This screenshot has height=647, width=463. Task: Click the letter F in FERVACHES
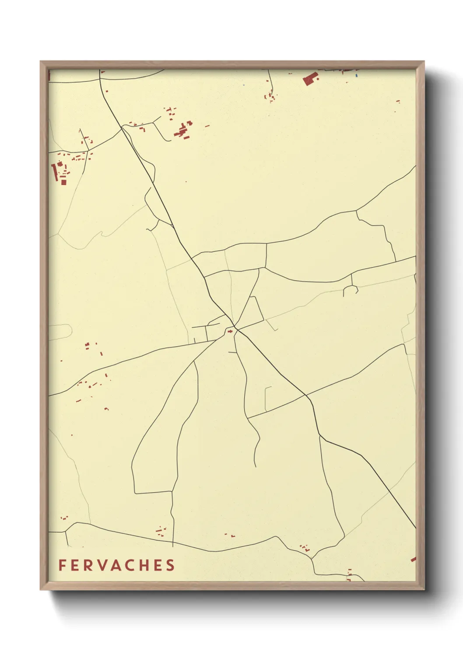point(62,565)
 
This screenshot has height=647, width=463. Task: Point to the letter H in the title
point(145,565)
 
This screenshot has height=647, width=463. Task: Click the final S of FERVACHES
point(170,565)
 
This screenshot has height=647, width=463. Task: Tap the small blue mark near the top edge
point(357,75)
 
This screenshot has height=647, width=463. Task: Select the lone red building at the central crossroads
point(229,332)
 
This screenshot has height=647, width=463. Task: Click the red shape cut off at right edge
point(413,559)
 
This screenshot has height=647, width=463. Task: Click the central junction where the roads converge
point(235,328)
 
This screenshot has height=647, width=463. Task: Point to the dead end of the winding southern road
point(255,466)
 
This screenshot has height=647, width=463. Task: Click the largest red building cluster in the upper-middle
point(183,130)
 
